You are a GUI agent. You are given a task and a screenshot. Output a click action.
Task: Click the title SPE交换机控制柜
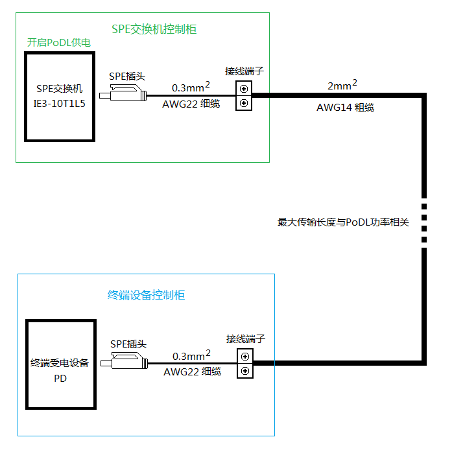point(154,29)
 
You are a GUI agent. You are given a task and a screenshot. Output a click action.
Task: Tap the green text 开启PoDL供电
point(58,43)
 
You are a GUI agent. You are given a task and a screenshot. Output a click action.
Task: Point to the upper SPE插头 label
point(126,76)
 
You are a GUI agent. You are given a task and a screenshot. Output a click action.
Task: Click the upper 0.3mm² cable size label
point(191,86)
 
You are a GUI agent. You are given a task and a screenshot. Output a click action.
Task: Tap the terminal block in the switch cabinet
point(243,95)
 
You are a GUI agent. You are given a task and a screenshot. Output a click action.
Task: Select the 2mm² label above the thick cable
point(342,85)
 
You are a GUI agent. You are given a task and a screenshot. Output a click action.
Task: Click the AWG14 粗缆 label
point(345,108)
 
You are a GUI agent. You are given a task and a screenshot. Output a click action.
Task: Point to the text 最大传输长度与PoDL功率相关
point(344,222)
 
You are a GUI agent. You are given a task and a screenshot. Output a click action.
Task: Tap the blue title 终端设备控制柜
point(146,295)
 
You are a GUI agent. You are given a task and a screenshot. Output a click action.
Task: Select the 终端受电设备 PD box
point(60,364)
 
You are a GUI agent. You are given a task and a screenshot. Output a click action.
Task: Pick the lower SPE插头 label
point(128,344)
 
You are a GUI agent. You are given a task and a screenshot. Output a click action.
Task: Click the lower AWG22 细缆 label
point(192,372)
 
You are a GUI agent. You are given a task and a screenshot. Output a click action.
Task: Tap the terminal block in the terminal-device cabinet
point(245,364)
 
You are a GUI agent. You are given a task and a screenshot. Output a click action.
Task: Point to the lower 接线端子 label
point(246,338)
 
